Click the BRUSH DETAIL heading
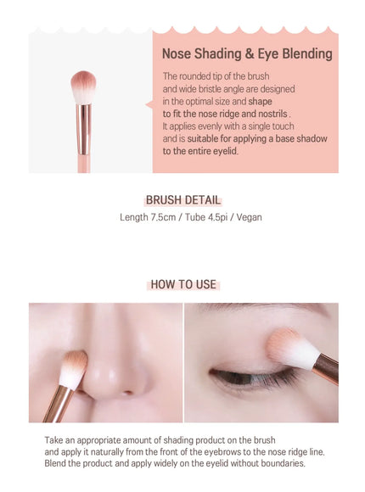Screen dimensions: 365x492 tap(183, 200)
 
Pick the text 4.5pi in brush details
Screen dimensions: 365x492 tap(217, 217)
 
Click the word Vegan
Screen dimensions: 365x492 tap(249, 217)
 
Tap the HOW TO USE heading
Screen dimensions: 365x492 tap(183, 284)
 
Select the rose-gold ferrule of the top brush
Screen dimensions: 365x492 tap(83, 129)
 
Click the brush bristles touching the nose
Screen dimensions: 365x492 tap(74, 369)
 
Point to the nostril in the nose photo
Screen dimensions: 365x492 tap(127, 392)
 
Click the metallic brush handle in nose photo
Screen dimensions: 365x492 tap(57, 405)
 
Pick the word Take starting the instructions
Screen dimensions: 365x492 tap(54, 440)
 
